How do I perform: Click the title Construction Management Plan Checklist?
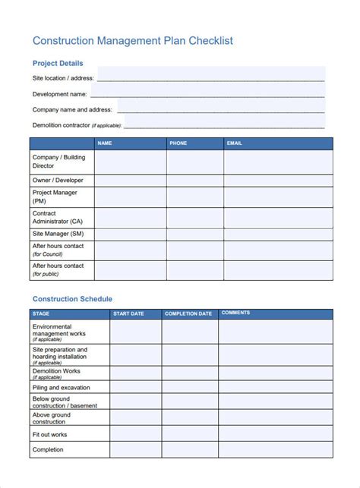(x=132, y=40)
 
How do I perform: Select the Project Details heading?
(x=58, y=64)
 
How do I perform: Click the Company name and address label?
(x=72, y=110)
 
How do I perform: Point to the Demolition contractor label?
(x=73, y=125)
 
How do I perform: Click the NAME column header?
(x=105, y=143)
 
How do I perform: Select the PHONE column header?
(x=178, y=143)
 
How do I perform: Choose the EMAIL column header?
(x=235, y=143)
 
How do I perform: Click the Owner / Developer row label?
(x=58, y=181)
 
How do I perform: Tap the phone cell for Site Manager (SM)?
(x=195, y=235)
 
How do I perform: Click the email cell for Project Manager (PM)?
(x=277, y=197)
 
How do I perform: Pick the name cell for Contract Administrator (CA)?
(x=131, y=218)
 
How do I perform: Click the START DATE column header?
(x=128, y=313)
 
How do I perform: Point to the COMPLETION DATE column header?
(x=188, y=313)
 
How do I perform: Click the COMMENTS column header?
(x=235, y=313)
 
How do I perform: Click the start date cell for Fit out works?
(x=135, y=434)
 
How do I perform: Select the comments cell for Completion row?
(x=275, y=450)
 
